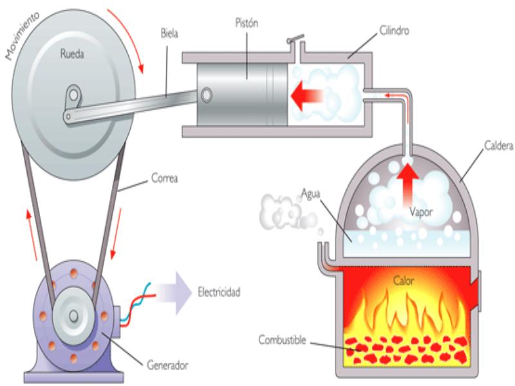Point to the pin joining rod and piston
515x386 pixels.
tap(206, 95)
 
